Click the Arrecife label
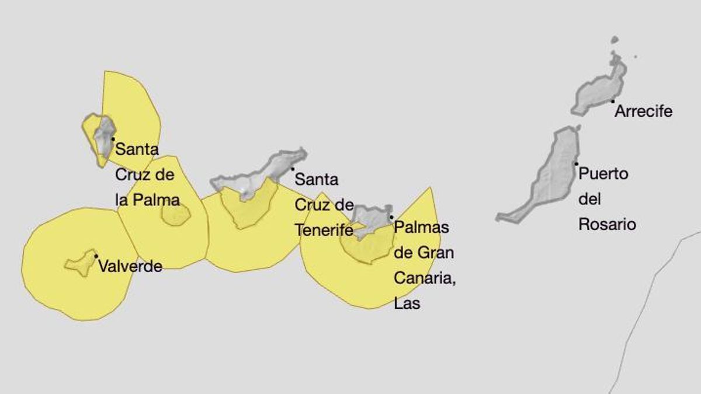click(644, 111)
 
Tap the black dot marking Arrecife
click(613, 102)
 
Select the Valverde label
click(130, 267)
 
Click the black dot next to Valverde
click(96, 256)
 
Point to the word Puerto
click(603, 173)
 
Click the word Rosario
click(607, 225)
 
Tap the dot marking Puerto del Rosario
click(576, 163)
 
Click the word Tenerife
click(324, 231)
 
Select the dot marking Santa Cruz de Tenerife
click(293, 169)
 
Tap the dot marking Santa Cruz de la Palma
click(113, 139)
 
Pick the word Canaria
click(424, 278)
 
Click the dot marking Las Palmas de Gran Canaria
click(391, 217)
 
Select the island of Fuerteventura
click(549, 175)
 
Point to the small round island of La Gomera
click(175, 215)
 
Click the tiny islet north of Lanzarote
click(614, 40)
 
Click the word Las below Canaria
click(407, 304)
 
